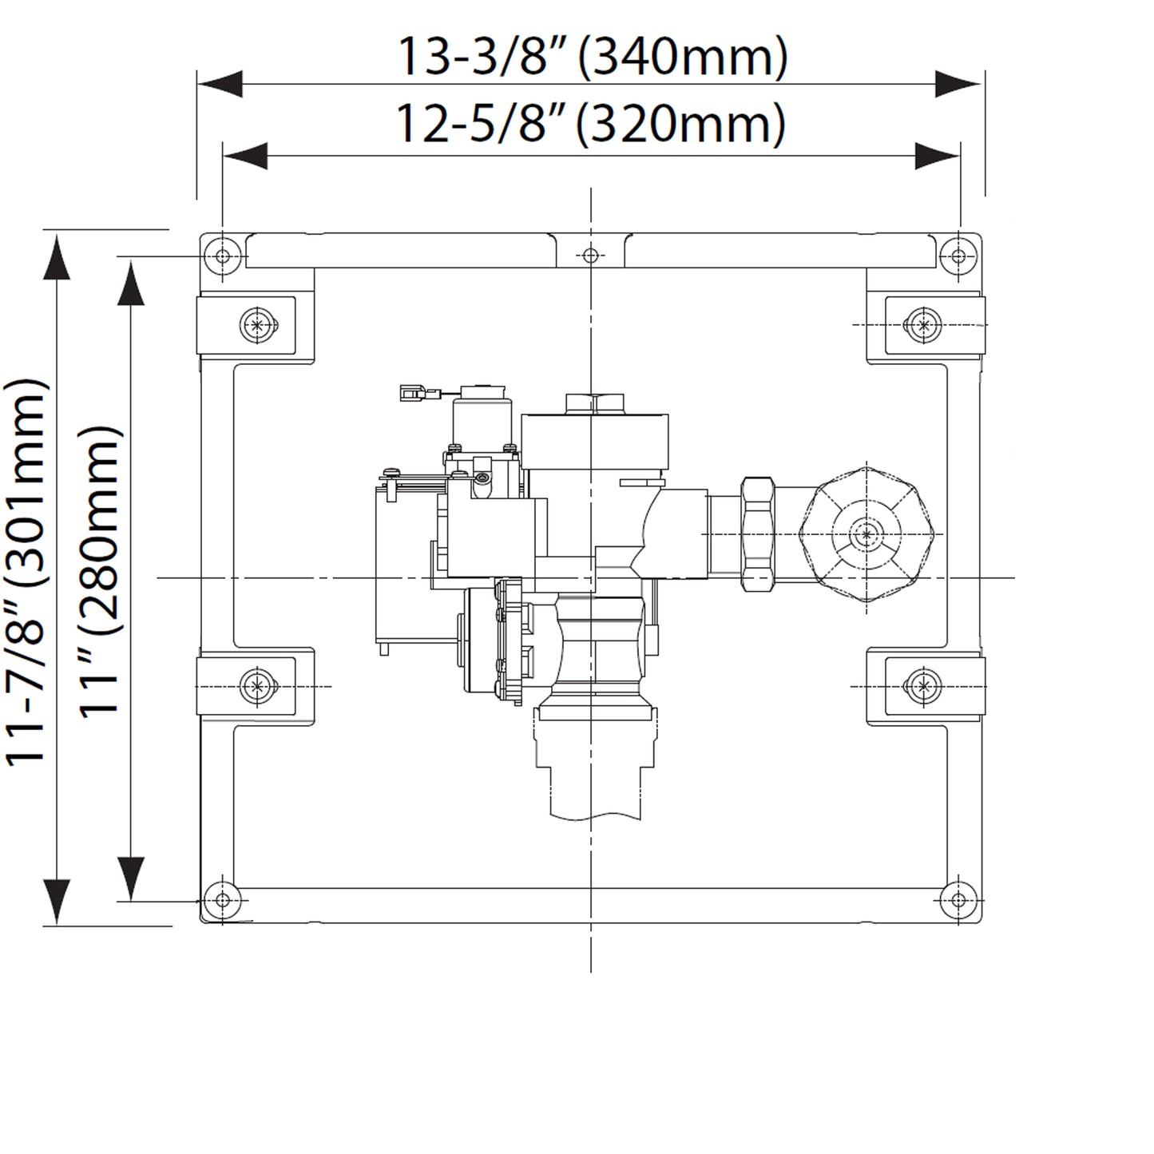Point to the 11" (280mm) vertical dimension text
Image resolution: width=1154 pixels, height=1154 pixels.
(104, 570)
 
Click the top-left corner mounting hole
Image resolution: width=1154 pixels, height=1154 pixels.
(223, 256)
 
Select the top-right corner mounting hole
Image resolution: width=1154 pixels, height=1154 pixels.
(959, 256)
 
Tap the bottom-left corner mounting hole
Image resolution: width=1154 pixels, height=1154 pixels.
(223, 900)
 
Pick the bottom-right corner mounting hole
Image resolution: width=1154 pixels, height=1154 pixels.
(959, 900)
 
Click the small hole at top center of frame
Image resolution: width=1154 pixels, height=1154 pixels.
(590, 256)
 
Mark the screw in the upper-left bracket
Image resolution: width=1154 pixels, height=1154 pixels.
(256, 325)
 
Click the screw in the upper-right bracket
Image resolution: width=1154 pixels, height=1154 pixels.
(924, 325)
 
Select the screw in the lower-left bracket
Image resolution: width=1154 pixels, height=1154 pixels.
(256, 685)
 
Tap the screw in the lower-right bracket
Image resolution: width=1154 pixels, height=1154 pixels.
(924, 685)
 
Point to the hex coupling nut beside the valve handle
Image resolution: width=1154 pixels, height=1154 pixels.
(758, 533)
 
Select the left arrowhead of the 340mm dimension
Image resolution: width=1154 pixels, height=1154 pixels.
(220, 83)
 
